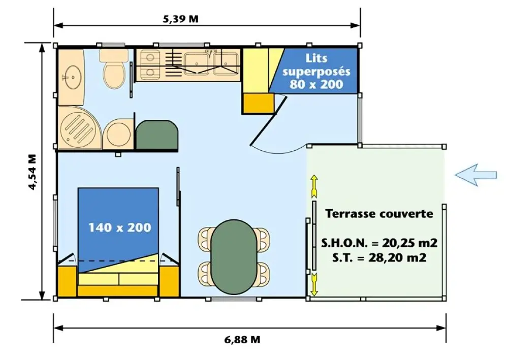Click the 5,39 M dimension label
pos(180,19)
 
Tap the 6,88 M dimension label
pos(242,340)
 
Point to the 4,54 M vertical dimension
pos(33,172)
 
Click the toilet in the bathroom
pos(113,69)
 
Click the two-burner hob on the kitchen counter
pos(150,64)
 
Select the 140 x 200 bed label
pos(119,227)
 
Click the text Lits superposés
pos(316,65)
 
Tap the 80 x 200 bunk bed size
pos(316,84)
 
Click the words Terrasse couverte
pos(379,214)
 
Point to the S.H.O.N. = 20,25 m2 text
pos(379,243)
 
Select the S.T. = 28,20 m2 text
pos(379,258)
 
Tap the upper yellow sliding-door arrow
pos(314,186)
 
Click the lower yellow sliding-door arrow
pos(314,284)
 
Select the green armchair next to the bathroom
pos(157,135)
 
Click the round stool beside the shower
pos(118,134)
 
